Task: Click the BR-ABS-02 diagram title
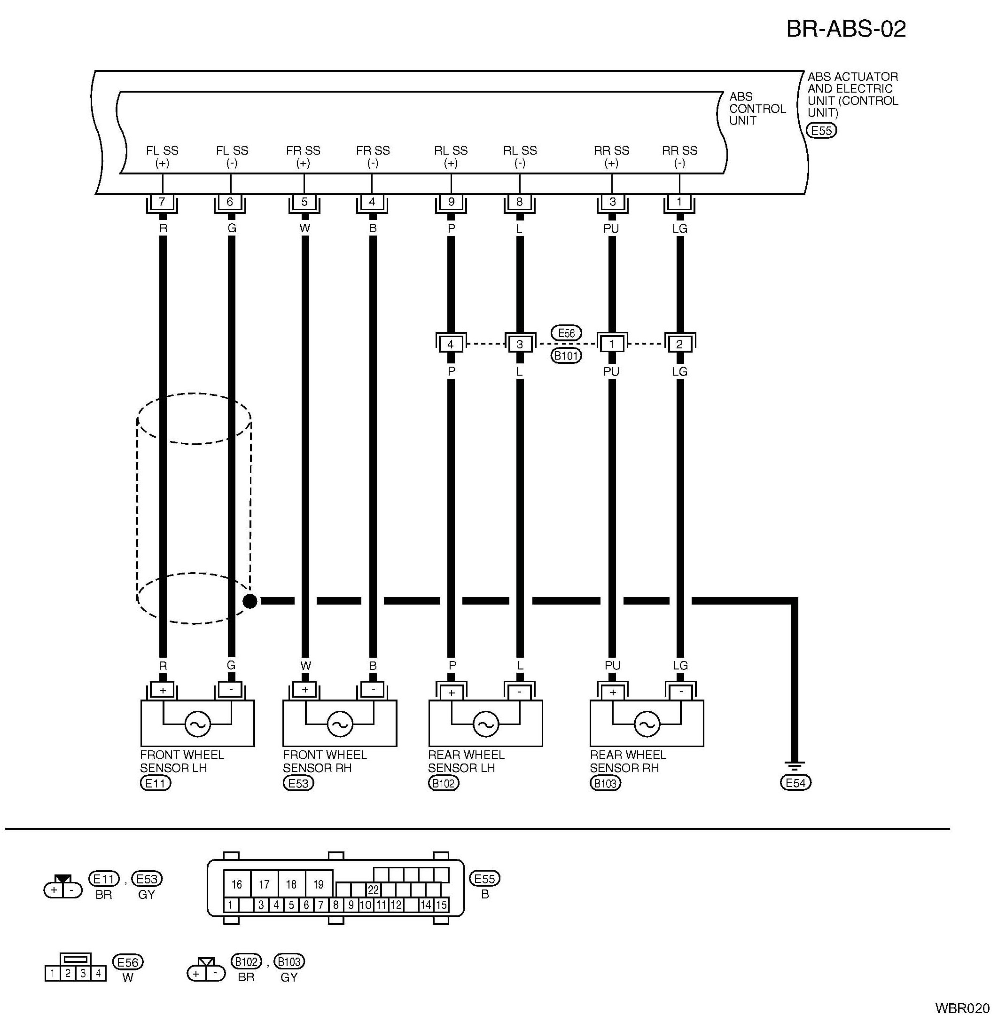point(846,29)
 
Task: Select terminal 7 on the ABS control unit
point(162,202)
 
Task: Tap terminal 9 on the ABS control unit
point(451,202)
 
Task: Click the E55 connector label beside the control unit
point(821,130)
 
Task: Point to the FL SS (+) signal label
point(162,156)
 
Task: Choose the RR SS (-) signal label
point(679,156)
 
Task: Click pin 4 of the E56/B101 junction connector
point(451,345)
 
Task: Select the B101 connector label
point(566,356)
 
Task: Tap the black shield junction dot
point(250,601)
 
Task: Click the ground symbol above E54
point(795,767)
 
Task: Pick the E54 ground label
point(795,783)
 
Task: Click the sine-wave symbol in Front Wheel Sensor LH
point(198,724)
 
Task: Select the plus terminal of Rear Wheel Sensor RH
point(612,692)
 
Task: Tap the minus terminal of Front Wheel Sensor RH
point(373,690)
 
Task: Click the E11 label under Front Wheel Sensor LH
point(156,783)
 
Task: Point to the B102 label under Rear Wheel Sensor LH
point(444,783)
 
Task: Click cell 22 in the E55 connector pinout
point(373,890)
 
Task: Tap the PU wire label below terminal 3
point(611,228)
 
